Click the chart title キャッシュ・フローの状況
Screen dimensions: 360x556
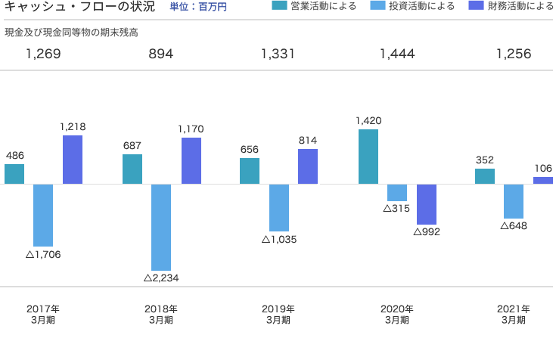pyautogui.click(x=79, y=8)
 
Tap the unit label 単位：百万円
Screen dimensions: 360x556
pyautogui.click(x=198, y=8)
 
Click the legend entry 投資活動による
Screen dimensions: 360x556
pyautogui.click(x=413, y=7)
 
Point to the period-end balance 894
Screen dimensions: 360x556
pyautogui.click(x=161, y=54)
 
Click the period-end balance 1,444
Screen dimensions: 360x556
pyautogui.click(x=397, y=54)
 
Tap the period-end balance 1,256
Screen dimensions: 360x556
pyautogui.click(x=514, y=54)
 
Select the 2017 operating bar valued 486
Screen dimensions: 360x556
pyautogui.click(x=14, y=174)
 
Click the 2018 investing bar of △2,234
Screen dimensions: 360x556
pyautogui.click(x=161, y=227)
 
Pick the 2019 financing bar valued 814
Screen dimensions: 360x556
pyautogui.click(x=308, y=166)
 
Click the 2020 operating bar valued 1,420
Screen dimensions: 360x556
pyautogui.click(x=368, y=157)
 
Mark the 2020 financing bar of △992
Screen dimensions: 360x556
pyautogui.click(x=427, y=204)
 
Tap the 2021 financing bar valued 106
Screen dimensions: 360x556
pyautogui.click(x=543, y=181)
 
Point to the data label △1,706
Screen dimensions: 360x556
pyautogui.click(x=43, y=255)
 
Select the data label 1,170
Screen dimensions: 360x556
pyautogui.click(x=191, y=129)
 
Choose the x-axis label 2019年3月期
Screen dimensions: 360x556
pyautogui.click(x=278, y=314)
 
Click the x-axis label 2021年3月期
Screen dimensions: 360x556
pyautogui.click(x=514, y=314)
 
